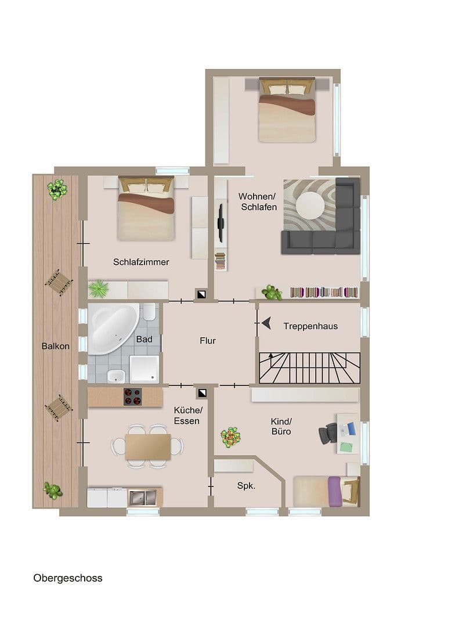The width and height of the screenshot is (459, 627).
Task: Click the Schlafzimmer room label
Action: click(x=141, y=262)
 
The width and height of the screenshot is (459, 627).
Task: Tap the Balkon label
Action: click(x=56, y=346)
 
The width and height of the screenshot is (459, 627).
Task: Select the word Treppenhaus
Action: click(x=310, y=326)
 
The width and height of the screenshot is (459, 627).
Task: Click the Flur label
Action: click(x=208, y=341)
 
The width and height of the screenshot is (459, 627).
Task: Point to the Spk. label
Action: click(x=246, y=486)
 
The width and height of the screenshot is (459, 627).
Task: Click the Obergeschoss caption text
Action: click(x=68, y=578)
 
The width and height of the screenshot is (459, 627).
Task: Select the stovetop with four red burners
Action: click(x=132, y=397)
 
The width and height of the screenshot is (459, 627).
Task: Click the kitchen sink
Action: click(x=142, y=498)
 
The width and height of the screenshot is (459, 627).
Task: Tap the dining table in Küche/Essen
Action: click(x=148, y=446)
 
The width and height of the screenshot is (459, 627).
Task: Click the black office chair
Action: click(x=328, y=433)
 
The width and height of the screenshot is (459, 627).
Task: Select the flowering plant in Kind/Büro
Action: click(x=230, y=437)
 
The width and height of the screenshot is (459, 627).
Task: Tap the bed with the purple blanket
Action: click(x=326, y=491)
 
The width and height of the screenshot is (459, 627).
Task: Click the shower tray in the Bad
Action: click(x=143, y=369)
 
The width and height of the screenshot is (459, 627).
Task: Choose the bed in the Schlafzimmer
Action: click(x=146, y=209)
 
